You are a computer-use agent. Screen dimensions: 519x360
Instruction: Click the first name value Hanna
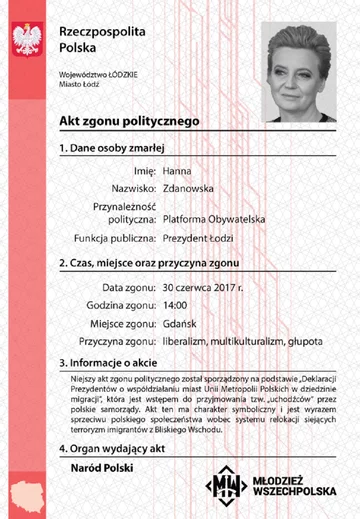click(x=177, y=170)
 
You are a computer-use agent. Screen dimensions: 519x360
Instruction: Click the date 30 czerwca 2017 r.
click(x=204, y=288)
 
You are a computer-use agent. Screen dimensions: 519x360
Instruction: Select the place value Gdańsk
click(x=181, y=323)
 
